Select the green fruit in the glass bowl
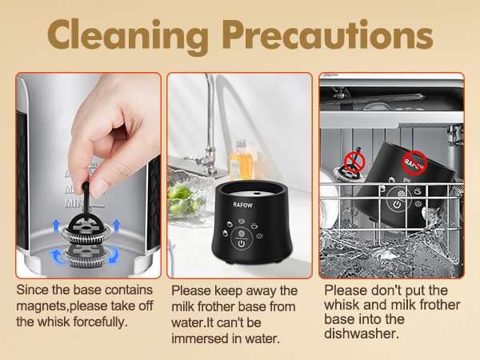point(186,203)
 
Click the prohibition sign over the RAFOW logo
point(414,163)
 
